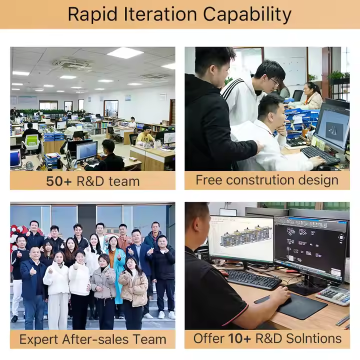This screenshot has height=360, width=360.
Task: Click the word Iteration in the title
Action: (x=160, y=14)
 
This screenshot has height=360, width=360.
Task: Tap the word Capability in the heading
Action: (x=247, y=15)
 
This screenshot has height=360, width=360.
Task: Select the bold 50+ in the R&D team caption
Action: (x=59, y=181)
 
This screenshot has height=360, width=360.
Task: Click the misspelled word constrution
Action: (x=260, y=180)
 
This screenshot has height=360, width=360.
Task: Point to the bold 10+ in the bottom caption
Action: (x=239, y=338)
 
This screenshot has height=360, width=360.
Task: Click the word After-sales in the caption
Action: (x=95, y=339)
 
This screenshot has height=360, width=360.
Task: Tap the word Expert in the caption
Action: (x=39, y=340)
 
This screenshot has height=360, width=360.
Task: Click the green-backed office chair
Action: (x=31, y=142)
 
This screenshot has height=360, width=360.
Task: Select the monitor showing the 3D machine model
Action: (x=240, y=239)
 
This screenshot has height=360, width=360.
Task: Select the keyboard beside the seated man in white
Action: (x=320, y=154)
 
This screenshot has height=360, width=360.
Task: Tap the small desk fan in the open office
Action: (x=29, y=166)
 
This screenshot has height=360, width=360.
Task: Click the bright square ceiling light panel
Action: (x=125, y=53)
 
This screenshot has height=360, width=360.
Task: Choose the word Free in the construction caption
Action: (x=208, y=179)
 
